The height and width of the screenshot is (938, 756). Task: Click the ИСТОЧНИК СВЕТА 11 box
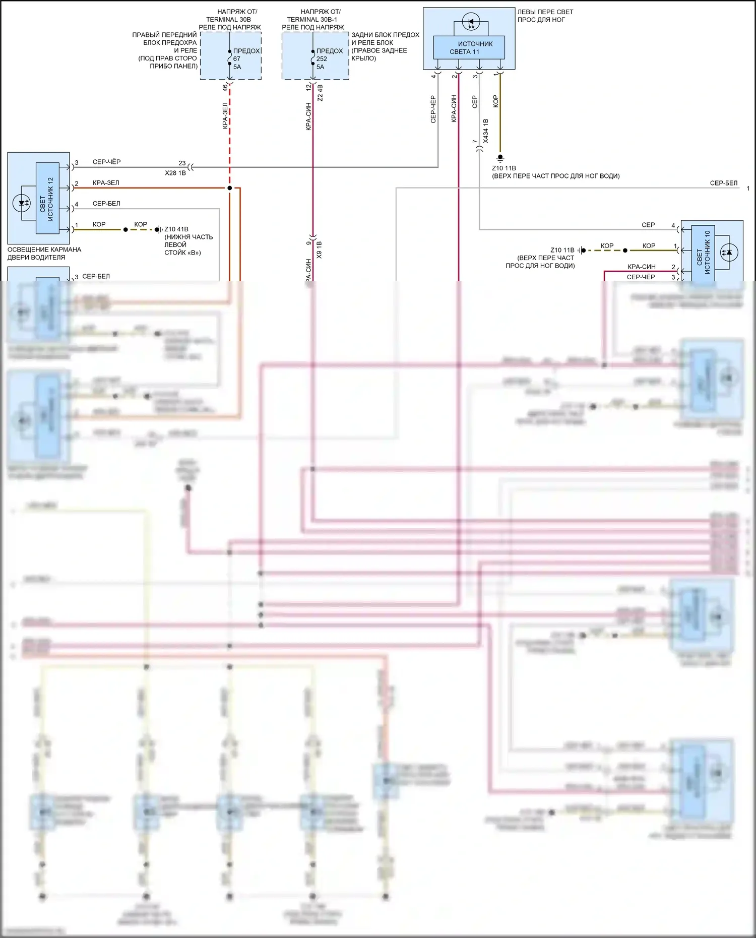point(469,47)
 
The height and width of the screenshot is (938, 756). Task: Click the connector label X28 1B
point(175,173)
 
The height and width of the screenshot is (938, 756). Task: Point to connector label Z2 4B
point(320,93)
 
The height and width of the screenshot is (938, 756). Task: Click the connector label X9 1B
point(319,250)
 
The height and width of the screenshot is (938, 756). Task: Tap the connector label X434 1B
point(486,131)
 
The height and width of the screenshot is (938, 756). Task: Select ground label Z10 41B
point(176,229)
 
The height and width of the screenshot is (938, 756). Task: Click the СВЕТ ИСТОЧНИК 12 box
point(47,198)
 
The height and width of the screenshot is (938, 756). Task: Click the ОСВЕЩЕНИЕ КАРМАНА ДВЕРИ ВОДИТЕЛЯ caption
point(44,254)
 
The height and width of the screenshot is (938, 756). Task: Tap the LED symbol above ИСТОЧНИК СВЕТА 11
point(471,23)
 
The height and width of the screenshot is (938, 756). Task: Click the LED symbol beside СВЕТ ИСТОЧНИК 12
point(22,203)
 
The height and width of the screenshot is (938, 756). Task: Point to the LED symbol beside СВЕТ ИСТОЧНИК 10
point(727,252)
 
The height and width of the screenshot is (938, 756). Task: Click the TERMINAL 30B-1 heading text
point(312,19)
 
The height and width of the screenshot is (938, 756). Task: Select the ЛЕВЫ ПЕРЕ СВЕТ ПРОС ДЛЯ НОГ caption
point(545,16)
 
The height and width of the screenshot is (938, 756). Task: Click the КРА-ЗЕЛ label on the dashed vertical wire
point(225,116)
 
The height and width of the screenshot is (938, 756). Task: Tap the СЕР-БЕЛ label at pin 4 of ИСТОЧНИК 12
point(106,204)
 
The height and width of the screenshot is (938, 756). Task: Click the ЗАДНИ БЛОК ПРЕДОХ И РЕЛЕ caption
point(385,46)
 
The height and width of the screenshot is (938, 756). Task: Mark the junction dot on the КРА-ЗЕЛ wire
point(229,188)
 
